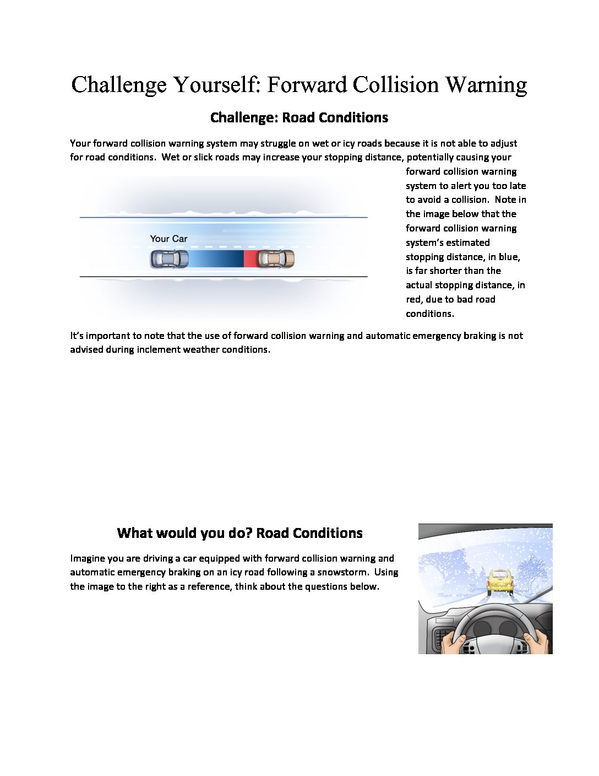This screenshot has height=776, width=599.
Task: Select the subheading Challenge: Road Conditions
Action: coord(299,117)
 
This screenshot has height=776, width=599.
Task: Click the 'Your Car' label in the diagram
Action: coord(168,239)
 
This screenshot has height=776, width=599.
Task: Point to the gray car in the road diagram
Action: coord(169,258)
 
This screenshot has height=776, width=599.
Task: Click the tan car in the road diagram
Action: coord(276,258)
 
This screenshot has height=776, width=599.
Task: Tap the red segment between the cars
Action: coord(250,258)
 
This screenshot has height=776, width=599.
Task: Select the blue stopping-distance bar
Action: coord(216,258)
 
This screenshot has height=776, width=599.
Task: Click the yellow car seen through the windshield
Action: coord(499,582)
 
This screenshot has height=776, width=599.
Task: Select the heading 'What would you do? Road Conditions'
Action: coord(239,533)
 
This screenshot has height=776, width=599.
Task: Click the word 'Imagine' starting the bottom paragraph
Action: coord(87,558)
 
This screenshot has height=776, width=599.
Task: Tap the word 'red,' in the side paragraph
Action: coord(414,299)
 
